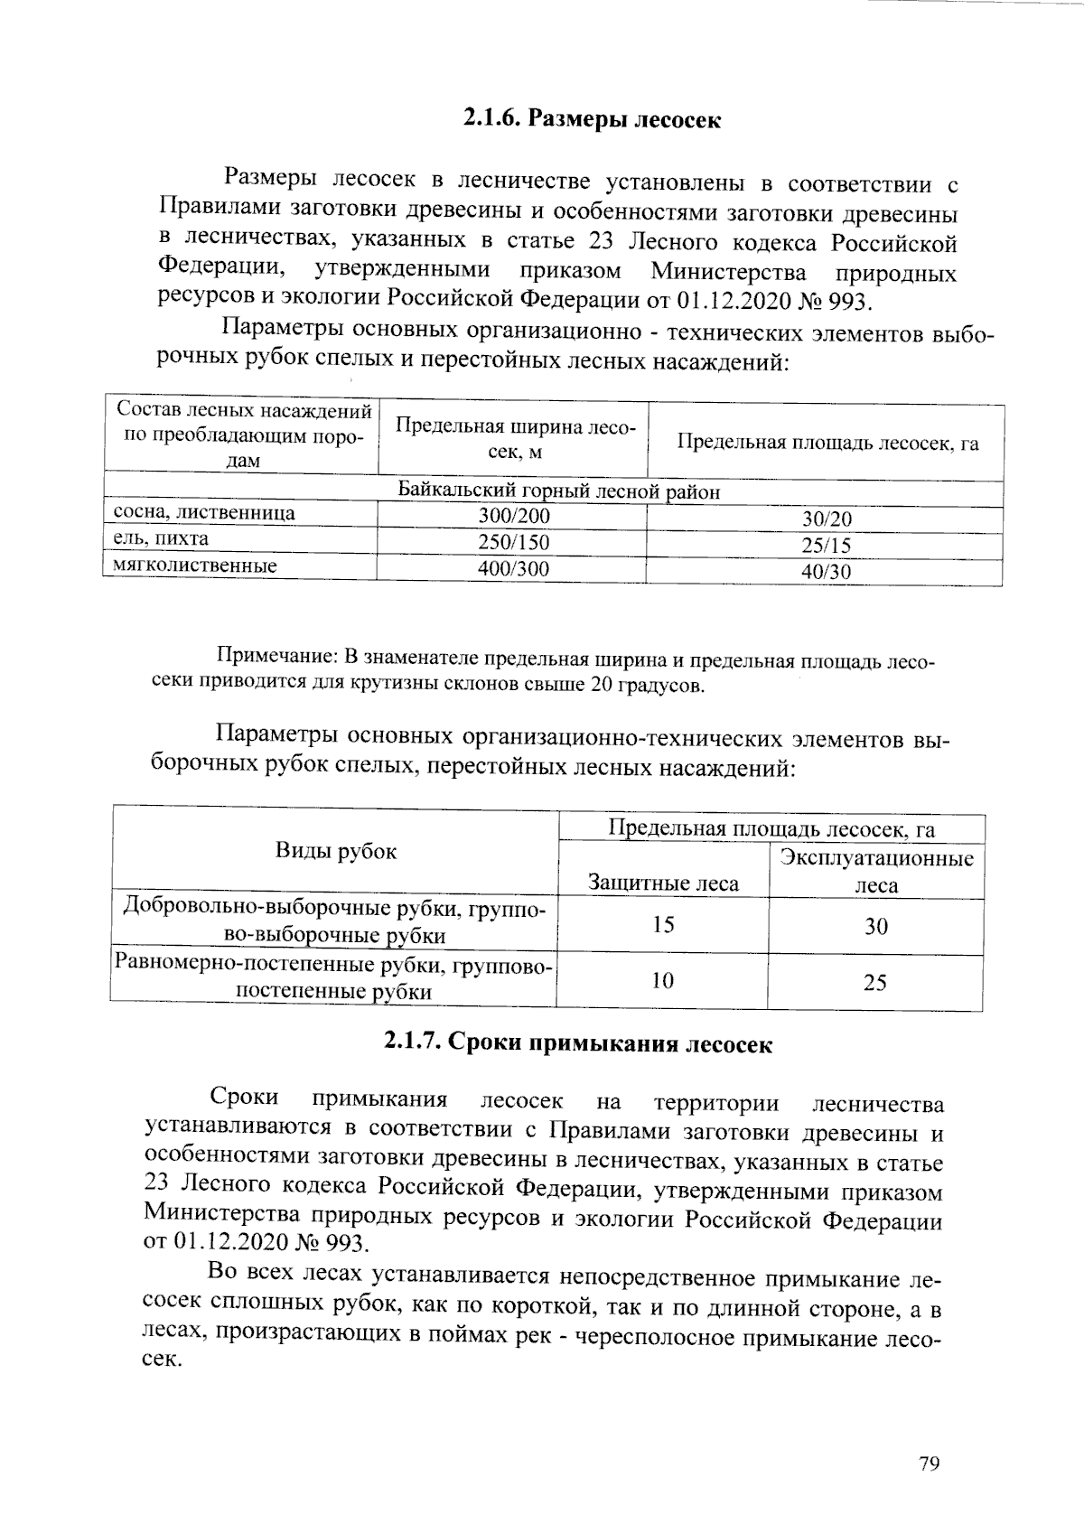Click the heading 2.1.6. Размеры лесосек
592,119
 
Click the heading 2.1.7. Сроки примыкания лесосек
578,1043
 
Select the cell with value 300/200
513,516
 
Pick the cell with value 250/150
513,542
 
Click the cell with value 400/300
513,568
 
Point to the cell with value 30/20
826,519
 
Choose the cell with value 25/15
826,546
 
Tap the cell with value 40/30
826,572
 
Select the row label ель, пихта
160,539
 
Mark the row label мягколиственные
194,566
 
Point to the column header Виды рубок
335,851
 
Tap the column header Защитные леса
663,883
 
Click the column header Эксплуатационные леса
876,871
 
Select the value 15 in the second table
663,925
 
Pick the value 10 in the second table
662,980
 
